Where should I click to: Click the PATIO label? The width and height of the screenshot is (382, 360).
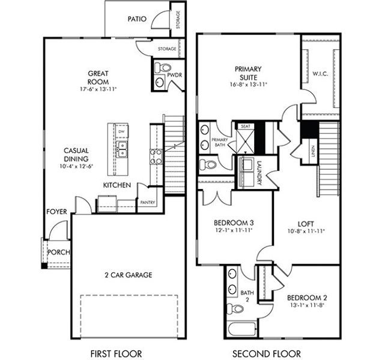pos(137,19)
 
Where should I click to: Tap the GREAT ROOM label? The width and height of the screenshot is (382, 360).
pos(97,77)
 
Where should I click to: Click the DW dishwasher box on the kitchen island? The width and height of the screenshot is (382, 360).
pos(121,131)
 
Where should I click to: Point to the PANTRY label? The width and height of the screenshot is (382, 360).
pos(147,203)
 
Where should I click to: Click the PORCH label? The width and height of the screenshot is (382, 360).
pos(57,252)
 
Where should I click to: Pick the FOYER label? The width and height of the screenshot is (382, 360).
pos(56,212)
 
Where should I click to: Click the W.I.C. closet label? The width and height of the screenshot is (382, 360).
pos(320,74)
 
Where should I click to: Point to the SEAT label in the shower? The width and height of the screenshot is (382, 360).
pos(245,127)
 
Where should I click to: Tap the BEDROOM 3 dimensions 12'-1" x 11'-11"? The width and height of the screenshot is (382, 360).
pos(233,230)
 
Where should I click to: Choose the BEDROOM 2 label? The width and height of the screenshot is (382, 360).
pos(306,298)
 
